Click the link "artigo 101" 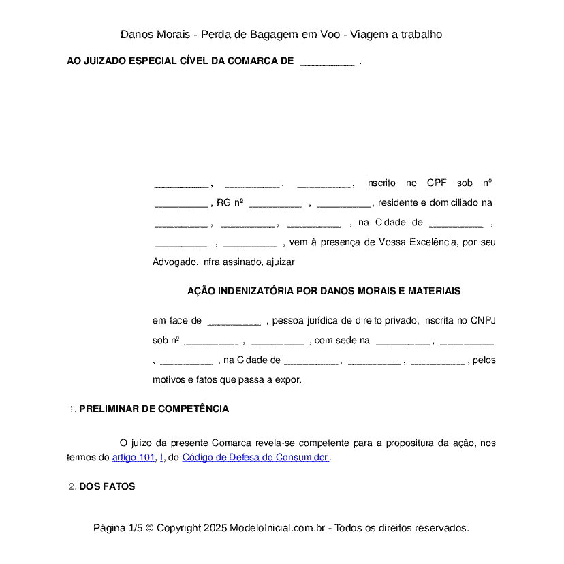(134, 458)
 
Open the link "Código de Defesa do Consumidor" (255, 458)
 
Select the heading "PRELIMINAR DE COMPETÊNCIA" (154, 409)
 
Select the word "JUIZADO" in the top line (104, 61)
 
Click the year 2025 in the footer (215, 528)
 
